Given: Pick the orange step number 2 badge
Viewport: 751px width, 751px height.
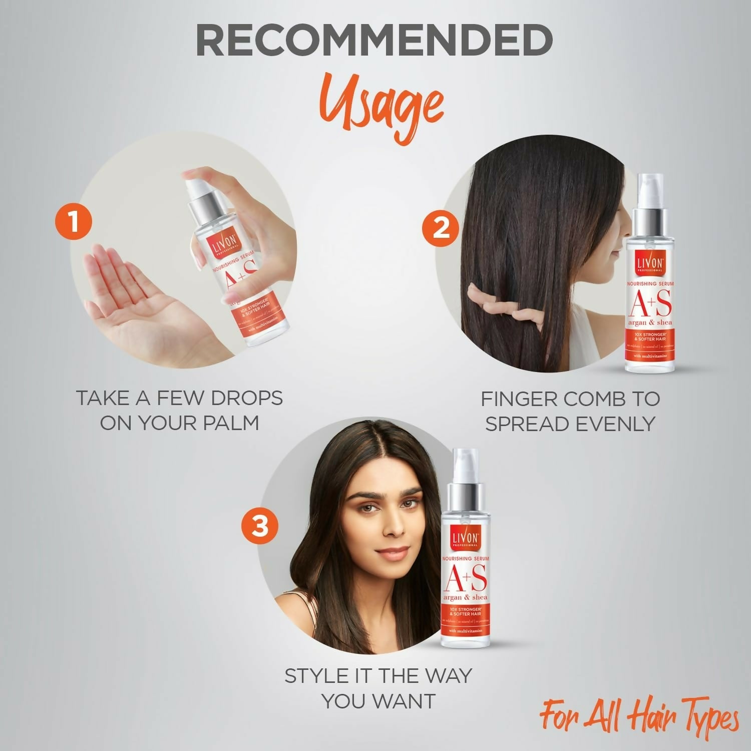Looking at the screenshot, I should pyautogui.click(x=441, y=230).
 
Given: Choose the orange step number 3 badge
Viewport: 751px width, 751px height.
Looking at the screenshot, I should pyautogui.click(x=260, y=527).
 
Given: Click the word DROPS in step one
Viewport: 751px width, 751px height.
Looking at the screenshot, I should pyautogui.click(x=246, y=399).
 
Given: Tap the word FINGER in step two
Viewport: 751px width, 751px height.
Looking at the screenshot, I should pyautogui.click(x=517, y=399).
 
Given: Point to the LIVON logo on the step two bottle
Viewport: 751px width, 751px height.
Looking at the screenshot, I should pyautogui.click(x=649, y=263).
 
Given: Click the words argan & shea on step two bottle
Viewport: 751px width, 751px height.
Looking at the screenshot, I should pyautogui.click(x=650, y=322).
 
